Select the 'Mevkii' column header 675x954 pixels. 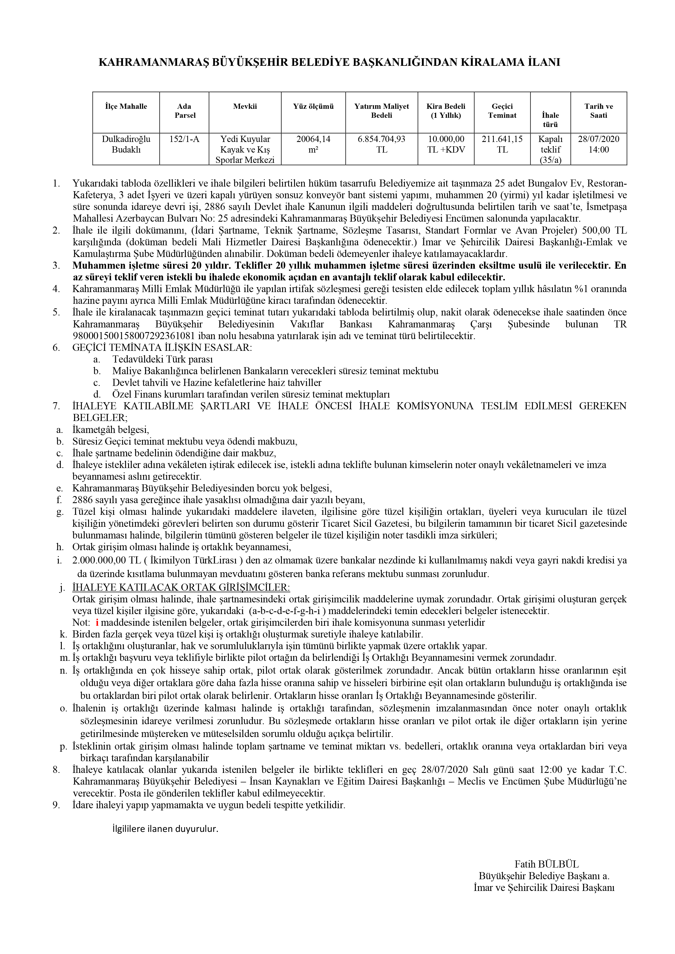[x=245, y=106]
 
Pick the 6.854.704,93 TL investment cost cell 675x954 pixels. [x=381, y=144]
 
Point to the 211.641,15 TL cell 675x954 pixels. [x=502, y=144]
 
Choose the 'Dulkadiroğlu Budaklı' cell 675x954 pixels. [x=126, y=144]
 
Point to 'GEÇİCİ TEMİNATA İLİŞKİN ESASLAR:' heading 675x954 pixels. [x=162, y=348]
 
